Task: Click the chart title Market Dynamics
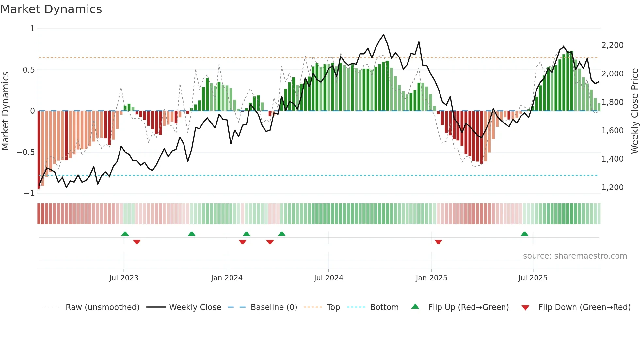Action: coord(51,9)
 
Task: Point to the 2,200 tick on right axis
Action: coord(612,45)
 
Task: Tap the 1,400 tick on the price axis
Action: coord(612,159)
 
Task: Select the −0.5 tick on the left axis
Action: coord(25,152)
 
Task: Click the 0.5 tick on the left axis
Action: coord(28,70)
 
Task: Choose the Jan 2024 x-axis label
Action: coord(227,278)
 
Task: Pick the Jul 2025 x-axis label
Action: coord(533,278)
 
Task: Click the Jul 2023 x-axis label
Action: coord(124,278)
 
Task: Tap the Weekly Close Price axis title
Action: coord(634,111)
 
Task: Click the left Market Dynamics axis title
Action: coord(5,111)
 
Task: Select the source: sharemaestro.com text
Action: coord(575,256)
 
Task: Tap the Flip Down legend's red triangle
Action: coord(525,308)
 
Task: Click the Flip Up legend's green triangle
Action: coord(415,306)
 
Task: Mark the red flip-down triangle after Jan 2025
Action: coord(439,242)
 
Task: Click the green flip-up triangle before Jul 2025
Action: coord(524,234)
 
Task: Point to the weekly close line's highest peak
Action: coord(383,35)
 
